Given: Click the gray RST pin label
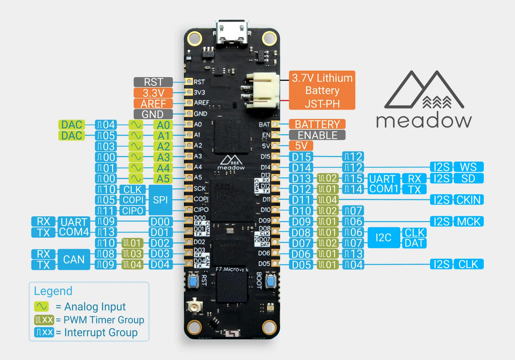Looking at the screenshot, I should click(153, 82).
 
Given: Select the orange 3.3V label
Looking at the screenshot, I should click(153, 93).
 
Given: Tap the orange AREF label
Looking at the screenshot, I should click(153, 104).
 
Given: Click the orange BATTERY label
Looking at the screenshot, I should click(317, 124).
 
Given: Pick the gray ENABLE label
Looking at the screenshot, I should click(317, 135).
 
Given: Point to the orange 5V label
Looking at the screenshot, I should click(301, 146).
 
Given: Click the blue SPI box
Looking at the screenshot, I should click(160, 200).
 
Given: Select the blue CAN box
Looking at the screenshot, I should click(74, 259).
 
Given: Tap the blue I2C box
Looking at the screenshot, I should click(383, 238).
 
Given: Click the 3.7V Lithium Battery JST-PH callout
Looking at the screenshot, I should click(322, 90).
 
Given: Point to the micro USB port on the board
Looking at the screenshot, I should click(232, 32).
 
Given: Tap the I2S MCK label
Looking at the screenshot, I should click(457, 222).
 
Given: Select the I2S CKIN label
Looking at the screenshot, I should click(457, 200).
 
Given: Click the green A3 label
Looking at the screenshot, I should click(163, 157).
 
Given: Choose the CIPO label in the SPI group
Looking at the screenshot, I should click(133, 211).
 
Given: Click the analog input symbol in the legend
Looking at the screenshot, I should click(41, 307).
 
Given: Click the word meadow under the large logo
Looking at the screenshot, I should click(424, 121).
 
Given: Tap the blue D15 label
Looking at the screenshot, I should click(301, 157).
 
